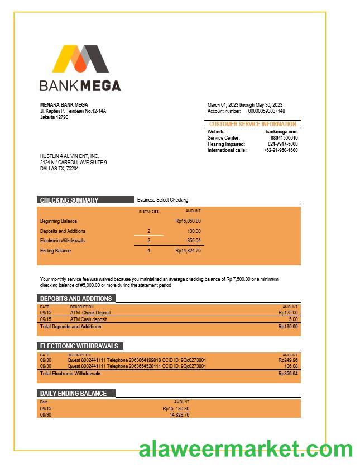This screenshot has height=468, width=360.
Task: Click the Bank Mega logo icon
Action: (80, 59)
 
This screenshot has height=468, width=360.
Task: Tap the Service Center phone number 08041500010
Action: (284, 138)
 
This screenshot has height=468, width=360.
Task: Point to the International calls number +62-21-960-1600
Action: (280, 150)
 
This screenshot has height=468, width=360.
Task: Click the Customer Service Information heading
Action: (252, 124)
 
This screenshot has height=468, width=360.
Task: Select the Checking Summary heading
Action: (69, 200)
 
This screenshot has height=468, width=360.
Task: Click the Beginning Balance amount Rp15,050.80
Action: (188, 221)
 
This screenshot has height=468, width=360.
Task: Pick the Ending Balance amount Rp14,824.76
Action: (188, 251)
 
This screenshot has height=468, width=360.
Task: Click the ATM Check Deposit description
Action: (90, 313)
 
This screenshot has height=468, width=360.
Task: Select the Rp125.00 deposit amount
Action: (288, 313)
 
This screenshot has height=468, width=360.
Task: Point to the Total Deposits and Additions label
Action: (70, 327)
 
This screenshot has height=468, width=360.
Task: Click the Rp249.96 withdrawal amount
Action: (288, 360)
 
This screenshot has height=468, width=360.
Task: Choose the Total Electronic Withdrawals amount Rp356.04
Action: (288, 374)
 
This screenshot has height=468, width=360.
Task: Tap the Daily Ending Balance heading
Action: (73, 393)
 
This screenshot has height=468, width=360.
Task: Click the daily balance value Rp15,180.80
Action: (176, 408)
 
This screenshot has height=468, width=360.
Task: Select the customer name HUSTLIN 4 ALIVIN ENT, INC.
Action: (69, 156)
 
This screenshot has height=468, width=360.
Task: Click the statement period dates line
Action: (244, 105)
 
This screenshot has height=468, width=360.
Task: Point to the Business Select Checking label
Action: (162, 200)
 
